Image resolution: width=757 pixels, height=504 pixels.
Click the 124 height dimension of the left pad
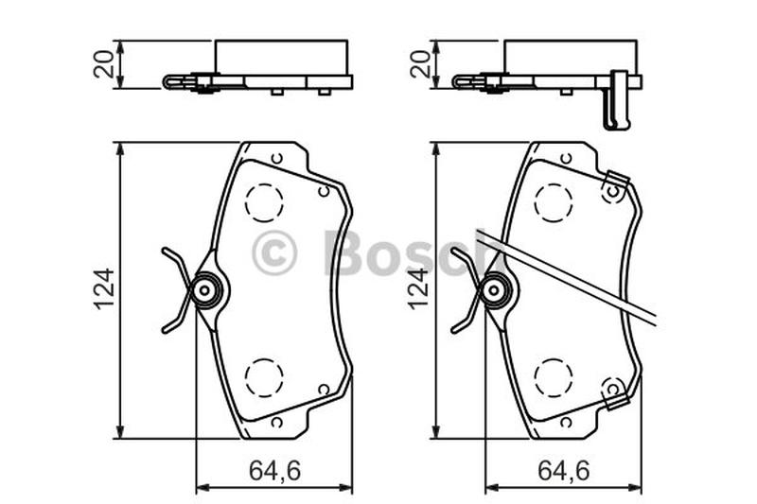tap(104, 289)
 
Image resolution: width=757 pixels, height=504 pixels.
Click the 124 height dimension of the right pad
tap(418, 289)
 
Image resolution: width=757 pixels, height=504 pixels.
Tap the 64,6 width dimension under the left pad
tap(274, 471)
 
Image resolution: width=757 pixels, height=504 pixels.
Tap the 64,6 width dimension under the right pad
tap(564, 471)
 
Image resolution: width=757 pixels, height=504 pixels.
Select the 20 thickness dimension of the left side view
tap(104, 64)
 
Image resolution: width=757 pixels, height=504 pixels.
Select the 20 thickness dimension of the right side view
tap(421, 64)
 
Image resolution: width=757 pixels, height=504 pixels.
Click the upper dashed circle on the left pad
tap(264, 202)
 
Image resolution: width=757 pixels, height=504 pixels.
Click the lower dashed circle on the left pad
tap(264, 377)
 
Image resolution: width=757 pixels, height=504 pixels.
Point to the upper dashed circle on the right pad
tap(554, 202)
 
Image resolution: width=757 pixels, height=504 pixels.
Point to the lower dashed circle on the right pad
tap(554, 377)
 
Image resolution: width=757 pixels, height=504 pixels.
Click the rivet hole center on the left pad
tap(204, 290)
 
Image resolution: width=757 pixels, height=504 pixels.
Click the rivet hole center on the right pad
tap(494, 290)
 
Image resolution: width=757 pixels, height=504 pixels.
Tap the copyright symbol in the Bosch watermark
tap(273, 252)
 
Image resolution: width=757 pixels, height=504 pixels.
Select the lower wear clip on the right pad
tap(615, 392)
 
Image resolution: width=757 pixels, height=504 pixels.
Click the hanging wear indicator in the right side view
tap(618, 100)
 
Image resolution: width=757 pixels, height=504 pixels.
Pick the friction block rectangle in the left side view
tap(281, 58)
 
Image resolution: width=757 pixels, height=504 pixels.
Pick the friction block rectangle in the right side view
tap(571, 58)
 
